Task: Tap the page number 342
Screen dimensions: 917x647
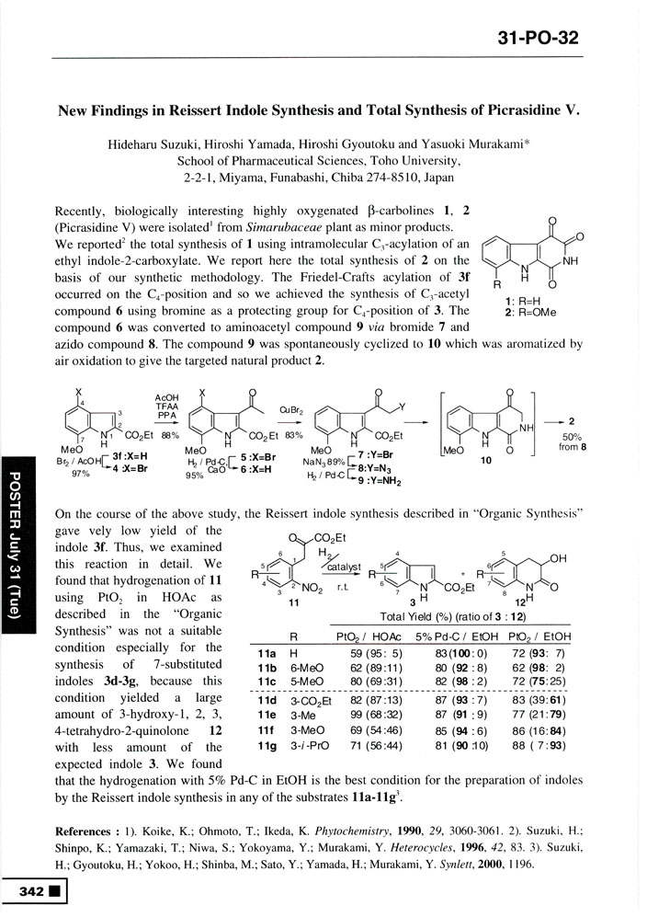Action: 29,891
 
